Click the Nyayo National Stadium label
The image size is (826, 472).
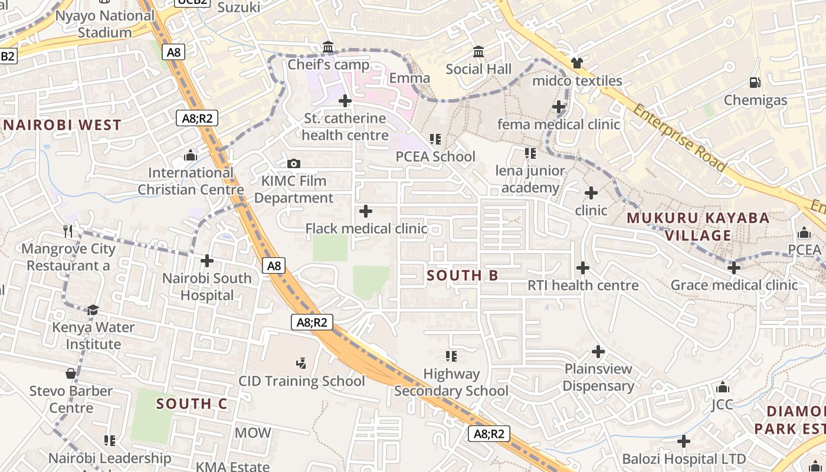105,24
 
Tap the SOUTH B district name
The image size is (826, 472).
463,276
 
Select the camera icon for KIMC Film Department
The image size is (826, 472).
293,163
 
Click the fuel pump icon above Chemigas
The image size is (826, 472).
755,83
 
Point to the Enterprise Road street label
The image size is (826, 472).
679,137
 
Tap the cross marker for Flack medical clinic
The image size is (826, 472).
366,211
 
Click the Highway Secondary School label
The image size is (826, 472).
451,382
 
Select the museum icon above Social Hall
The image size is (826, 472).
478,52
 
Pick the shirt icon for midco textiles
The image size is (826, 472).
576,63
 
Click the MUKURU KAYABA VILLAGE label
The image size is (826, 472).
698,227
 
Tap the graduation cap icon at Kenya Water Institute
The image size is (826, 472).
93,310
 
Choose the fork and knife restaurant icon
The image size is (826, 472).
68,231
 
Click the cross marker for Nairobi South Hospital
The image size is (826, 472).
207,260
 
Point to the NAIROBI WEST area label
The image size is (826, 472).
63,125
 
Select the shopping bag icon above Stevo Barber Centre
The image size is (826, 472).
71,373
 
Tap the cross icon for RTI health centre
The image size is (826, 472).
583,268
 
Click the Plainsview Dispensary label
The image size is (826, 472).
598,378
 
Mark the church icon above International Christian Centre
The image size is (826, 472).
191,155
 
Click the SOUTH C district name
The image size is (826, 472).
192,404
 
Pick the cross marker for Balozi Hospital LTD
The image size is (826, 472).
684,441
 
